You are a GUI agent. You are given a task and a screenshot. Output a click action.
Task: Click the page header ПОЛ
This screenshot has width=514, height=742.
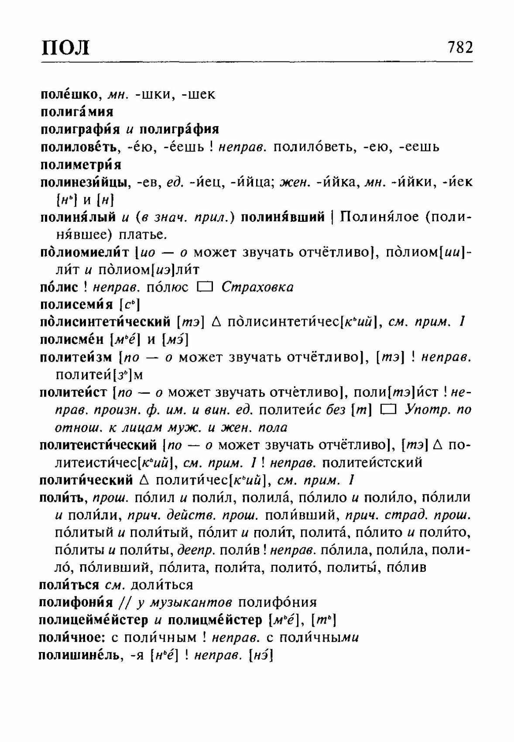point(65,47)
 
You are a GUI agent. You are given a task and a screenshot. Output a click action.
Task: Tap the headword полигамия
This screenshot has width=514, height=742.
point(77,112)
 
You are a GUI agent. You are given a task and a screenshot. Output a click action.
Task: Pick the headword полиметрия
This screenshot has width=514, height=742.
point(81,165)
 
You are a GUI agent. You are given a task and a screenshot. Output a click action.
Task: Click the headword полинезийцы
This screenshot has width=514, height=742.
point(84,182)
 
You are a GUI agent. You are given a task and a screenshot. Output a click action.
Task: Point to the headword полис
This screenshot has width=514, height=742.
point(59,287)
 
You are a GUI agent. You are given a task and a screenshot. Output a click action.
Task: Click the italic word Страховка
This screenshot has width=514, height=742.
point(257,287)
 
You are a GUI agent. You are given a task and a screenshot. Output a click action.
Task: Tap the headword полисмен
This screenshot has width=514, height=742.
point(72,340)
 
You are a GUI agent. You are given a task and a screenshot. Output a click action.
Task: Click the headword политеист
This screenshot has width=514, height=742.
point(73,392)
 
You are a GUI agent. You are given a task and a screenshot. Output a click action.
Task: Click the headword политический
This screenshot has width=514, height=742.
point(86,481)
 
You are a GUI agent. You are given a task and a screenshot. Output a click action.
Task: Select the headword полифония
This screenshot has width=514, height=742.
point(76,603)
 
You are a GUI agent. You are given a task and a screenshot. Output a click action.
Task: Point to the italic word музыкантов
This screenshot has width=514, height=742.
point(190,603)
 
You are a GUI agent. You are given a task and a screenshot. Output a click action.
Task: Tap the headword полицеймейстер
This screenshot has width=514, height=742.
point(93,620)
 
